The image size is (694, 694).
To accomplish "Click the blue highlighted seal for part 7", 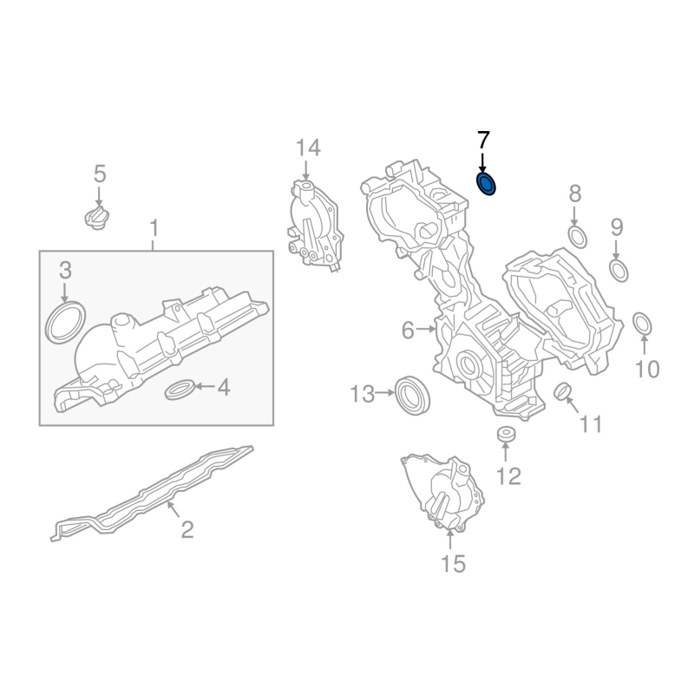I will (488, 184).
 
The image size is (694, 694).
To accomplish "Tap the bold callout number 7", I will (483, 141).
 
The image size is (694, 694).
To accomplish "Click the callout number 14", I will (307, 148).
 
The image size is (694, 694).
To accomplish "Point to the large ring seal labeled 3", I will (64, 322).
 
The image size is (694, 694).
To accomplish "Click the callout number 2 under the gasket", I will (187, 528).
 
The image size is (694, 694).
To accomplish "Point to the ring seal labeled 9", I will (619, 270).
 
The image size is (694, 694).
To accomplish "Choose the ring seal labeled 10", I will (643, 324).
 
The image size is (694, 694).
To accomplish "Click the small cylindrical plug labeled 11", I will (562, 393).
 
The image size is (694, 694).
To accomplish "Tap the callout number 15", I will (453, 564).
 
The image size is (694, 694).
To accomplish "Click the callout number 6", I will (409, 330).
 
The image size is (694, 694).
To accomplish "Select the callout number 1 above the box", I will (154, 229).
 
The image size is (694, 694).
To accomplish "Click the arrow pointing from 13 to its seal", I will (384, 395).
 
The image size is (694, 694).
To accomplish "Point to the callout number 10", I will (647, 370).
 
